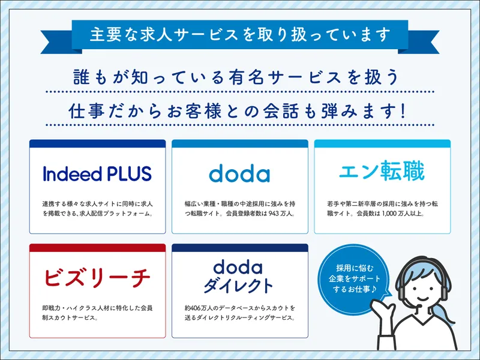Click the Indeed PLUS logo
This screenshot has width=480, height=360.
[97, 173]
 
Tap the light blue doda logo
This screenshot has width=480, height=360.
[239, 173]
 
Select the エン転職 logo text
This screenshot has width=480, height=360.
[382, 171]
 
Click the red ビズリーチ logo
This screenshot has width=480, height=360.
[97, 277]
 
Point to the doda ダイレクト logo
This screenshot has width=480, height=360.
[238, 277]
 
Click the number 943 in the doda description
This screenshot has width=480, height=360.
[274, 214]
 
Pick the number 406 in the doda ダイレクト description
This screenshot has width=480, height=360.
[197, 308]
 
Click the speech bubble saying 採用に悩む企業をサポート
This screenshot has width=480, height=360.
[354, 278]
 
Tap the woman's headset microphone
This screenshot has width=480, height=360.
[420, 306]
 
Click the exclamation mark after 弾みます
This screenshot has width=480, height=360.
[402, 111]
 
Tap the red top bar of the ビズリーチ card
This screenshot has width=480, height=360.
[97, 248]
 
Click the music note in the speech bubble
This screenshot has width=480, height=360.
[373, 289]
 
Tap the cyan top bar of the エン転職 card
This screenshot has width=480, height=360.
[382, 143]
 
